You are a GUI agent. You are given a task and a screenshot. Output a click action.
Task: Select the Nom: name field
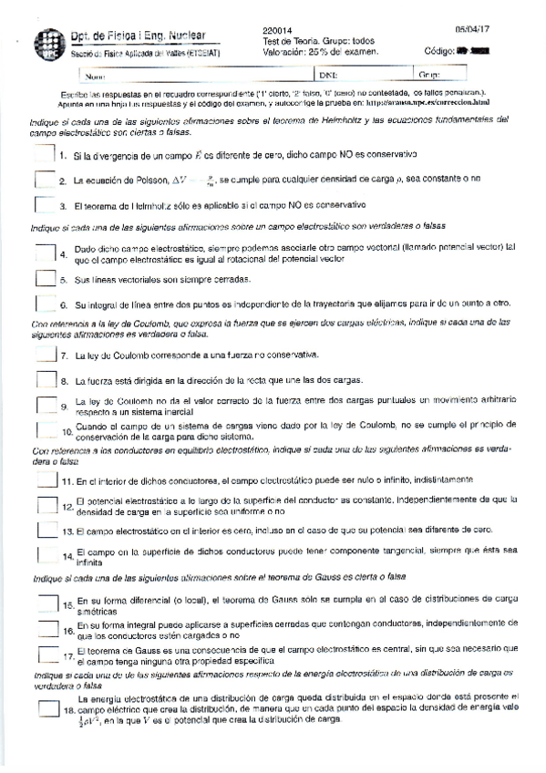coord(182,75)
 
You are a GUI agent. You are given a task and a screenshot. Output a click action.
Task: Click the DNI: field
coord(365,75)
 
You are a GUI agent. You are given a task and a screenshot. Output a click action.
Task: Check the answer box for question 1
coord(44,157)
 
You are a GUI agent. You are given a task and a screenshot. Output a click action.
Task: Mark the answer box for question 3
coord(44,206)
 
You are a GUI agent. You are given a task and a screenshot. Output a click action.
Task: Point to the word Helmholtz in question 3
coord(136,207)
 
